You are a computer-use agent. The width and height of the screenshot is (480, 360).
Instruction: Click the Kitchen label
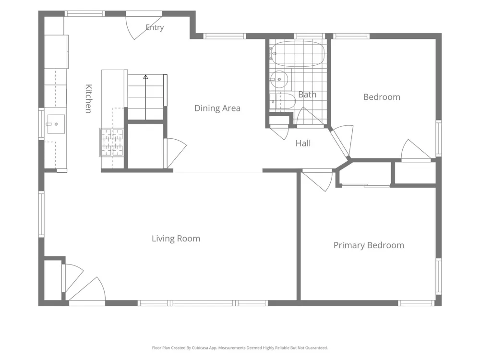coord(88,98)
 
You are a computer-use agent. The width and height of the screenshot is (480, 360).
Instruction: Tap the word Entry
coord(155,27)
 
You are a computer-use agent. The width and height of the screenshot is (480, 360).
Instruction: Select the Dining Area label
coord(217,108)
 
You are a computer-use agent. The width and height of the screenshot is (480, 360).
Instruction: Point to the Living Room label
coord(176,239)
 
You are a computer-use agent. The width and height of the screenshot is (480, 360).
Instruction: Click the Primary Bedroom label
coord(369,245)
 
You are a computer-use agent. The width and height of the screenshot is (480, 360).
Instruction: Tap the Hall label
coord(303,143)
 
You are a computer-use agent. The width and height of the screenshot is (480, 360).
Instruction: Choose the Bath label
coord(307,95)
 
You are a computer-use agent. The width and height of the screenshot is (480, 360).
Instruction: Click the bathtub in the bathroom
coord(297,54)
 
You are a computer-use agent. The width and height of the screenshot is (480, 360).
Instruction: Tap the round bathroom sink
coord(279,79)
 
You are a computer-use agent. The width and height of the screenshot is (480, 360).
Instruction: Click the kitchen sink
coord(56,124)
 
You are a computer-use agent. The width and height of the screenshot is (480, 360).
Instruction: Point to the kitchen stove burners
coord(112,143)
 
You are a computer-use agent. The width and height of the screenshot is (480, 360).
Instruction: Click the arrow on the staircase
coord(146,97)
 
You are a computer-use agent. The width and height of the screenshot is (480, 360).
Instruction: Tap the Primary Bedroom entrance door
coord(317,180)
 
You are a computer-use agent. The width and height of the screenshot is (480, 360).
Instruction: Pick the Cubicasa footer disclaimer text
coord(240,348)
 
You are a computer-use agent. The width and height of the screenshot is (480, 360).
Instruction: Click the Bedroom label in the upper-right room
coord(382,97)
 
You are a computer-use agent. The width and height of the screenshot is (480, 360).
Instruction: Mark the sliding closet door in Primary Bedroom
coord(365,185)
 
